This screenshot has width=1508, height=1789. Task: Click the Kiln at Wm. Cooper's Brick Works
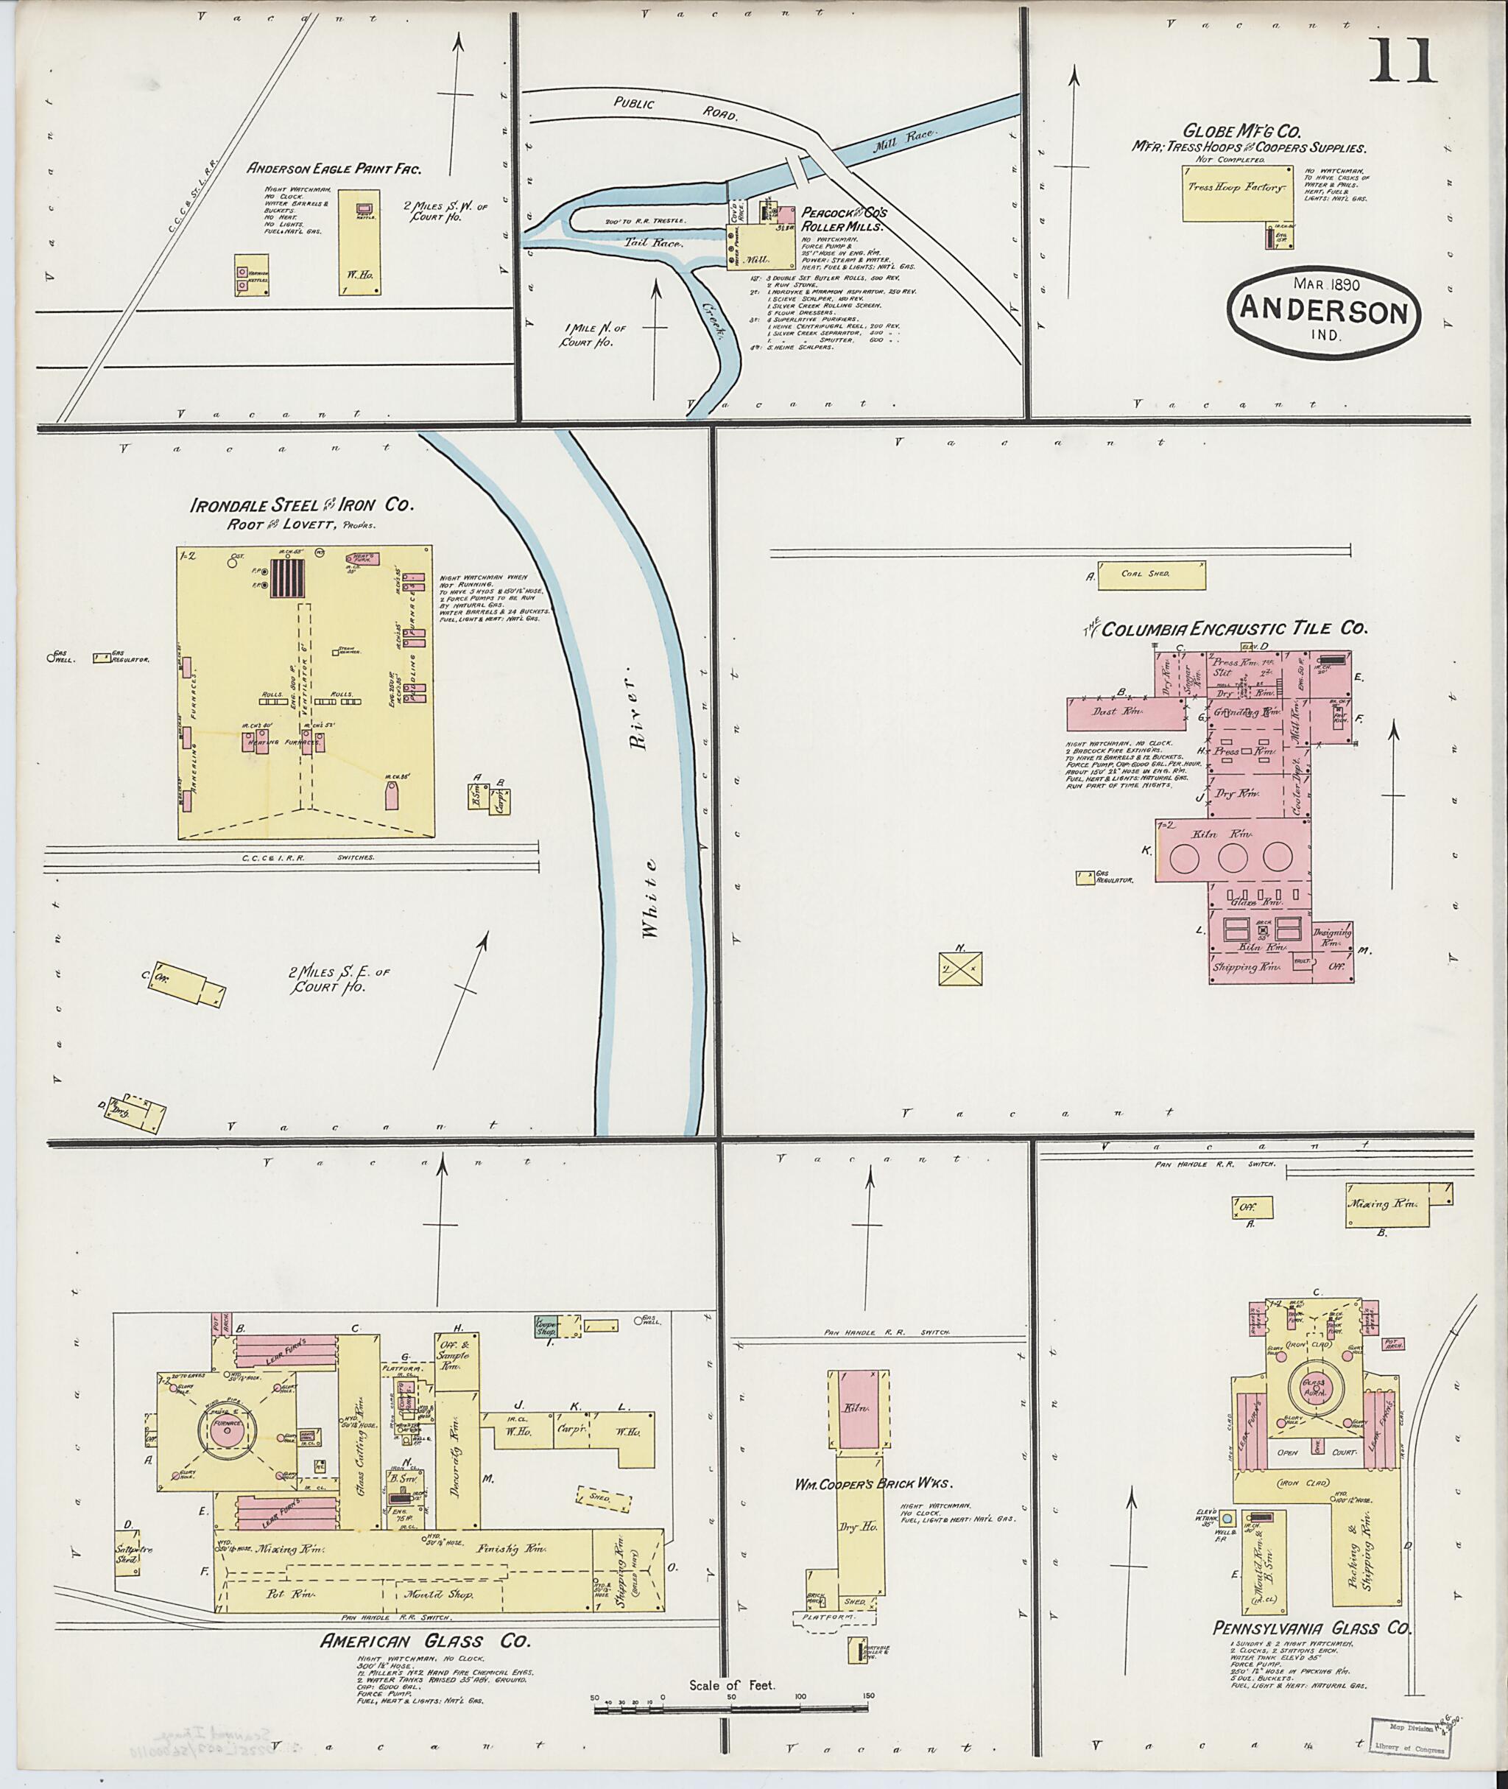857,1407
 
